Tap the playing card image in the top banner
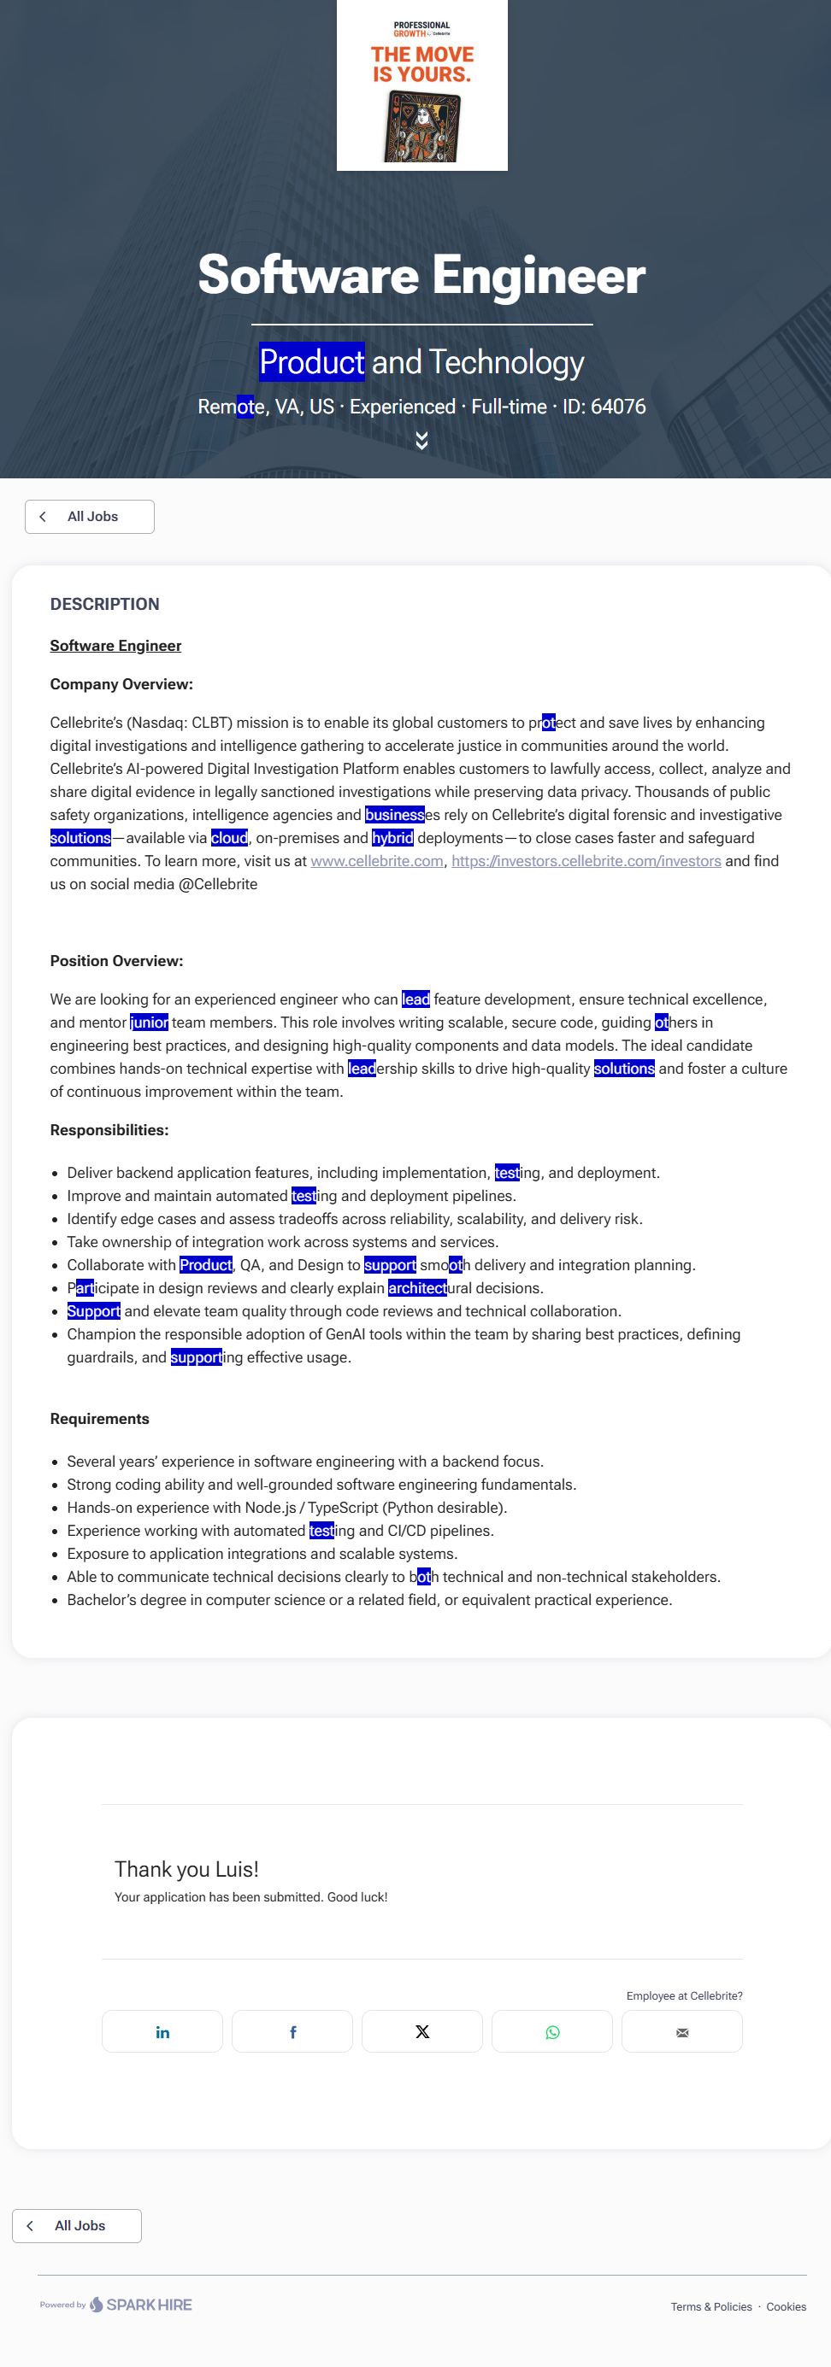[422, 126]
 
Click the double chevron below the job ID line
[422, 441]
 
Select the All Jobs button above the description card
[89, 517]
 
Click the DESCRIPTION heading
[105, 605]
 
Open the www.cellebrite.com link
[377, 861]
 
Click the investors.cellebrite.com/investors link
[586, 861]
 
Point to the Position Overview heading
[117, 961]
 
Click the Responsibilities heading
[109, 1130]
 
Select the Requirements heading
[99, 1419]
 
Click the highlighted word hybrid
[392, 838]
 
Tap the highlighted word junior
[149, 1022]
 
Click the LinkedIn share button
[162, 2031]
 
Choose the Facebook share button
[292, 2031]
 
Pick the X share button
[422, 2031]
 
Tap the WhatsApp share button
[552, 2031]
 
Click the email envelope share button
[682, 2031]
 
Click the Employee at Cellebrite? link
[684, 1995]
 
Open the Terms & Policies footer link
[710, 2306]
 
